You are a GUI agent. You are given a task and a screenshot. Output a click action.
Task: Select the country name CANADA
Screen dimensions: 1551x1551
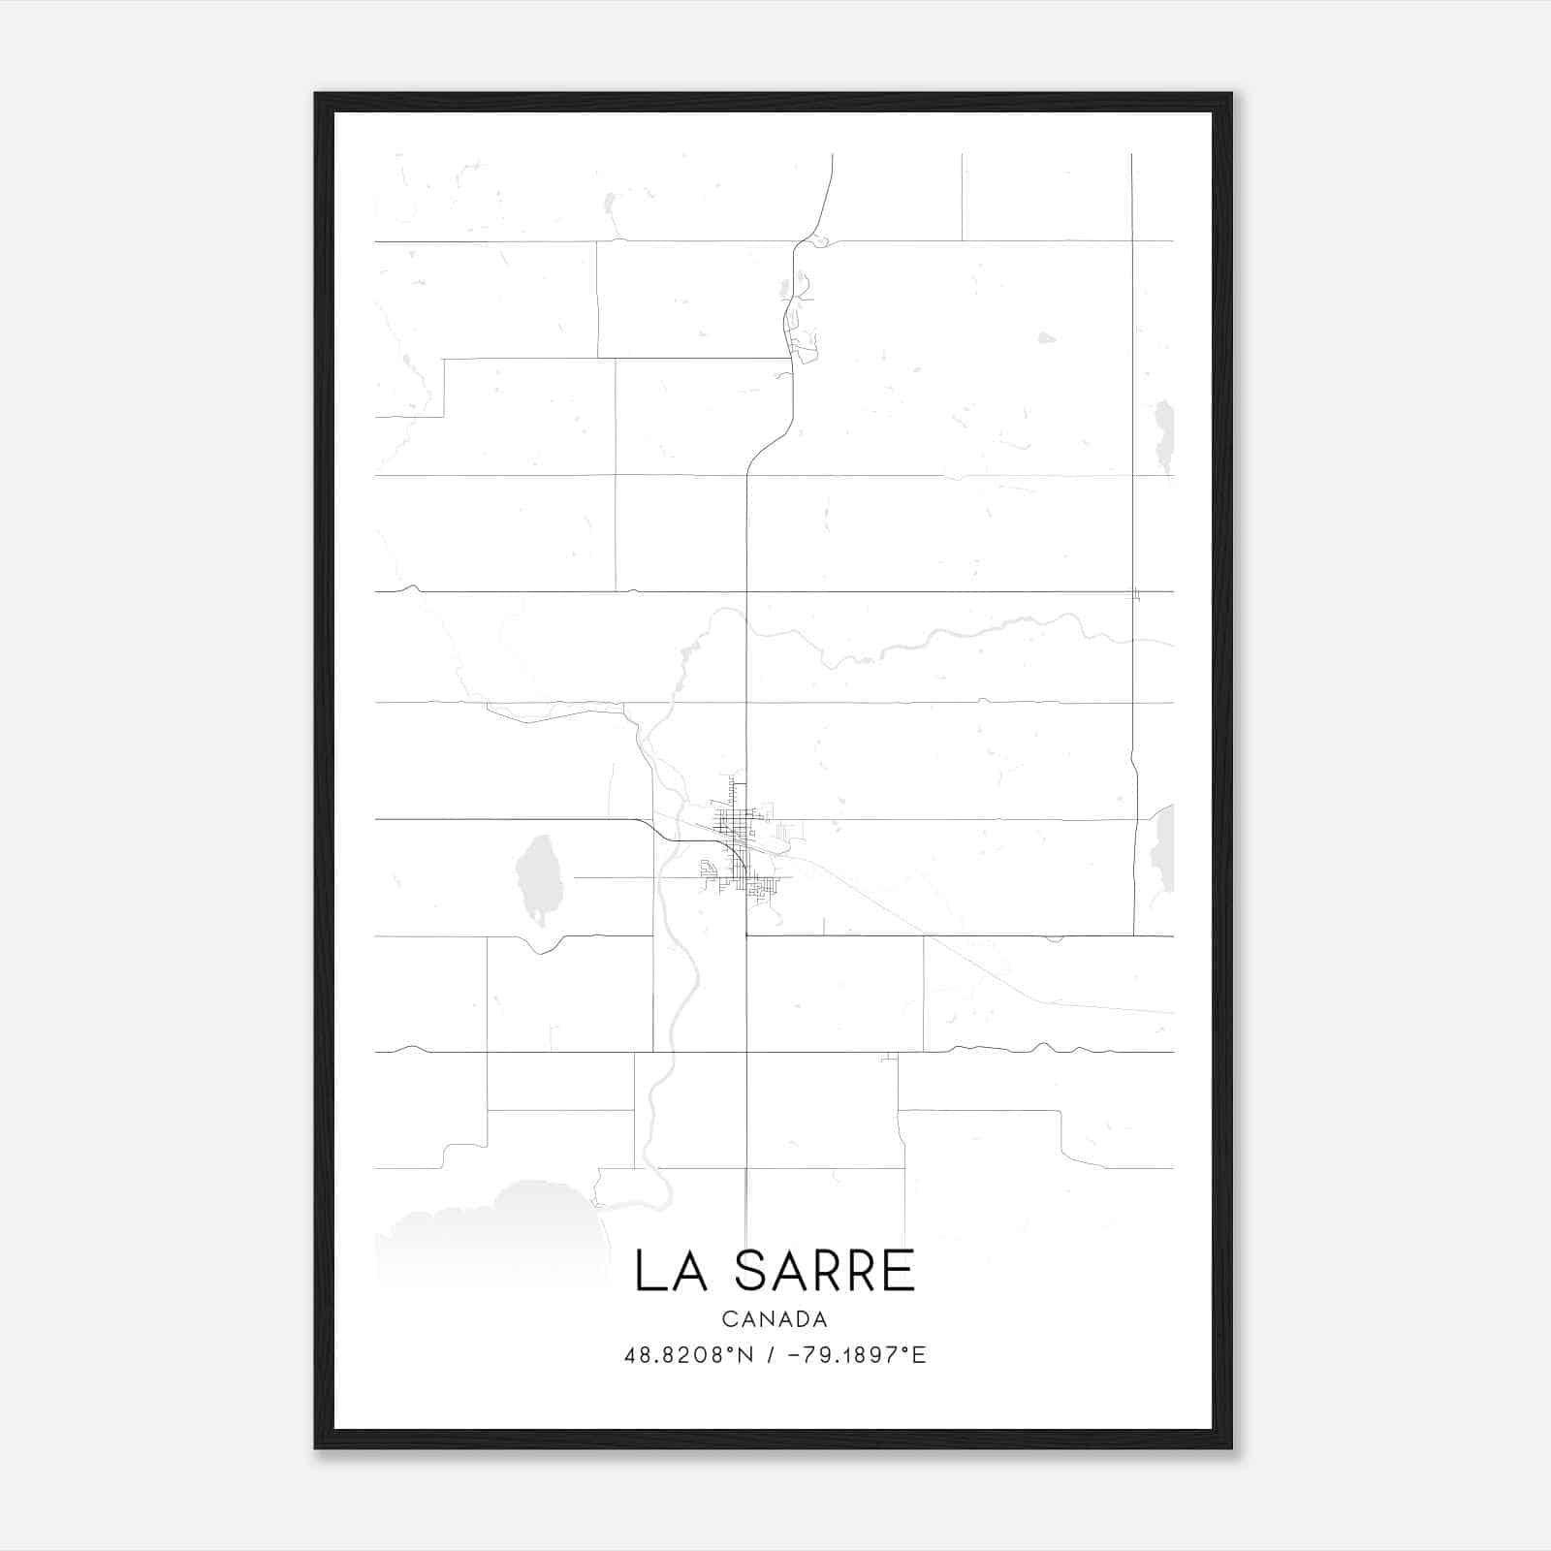tap(775, 1319)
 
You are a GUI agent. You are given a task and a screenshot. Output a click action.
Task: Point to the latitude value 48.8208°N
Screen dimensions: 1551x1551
tap(688, 1355)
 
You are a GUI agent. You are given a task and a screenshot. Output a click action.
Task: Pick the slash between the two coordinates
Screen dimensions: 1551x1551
tap(770, 1355)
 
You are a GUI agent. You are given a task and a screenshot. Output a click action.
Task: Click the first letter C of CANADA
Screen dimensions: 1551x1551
tap(728, 1319)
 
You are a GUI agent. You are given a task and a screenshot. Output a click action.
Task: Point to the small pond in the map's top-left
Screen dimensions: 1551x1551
tap(610, 204)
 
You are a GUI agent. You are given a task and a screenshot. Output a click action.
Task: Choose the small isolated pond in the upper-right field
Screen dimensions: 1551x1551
tap(1046, 338)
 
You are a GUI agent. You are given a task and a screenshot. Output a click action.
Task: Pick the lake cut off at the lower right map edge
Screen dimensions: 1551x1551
tap(1163, 848)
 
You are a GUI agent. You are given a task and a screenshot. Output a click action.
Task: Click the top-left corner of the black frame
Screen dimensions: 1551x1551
tap(316, 95)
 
